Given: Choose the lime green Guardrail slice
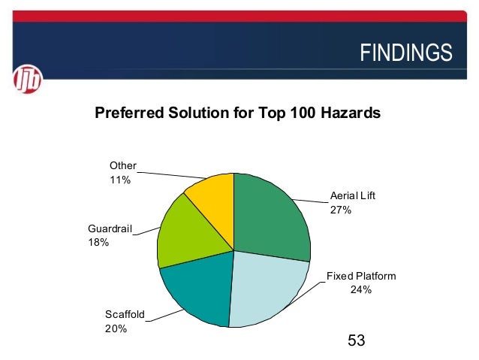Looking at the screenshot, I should pos(188,237).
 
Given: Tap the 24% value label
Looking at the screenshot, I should pos(361,290).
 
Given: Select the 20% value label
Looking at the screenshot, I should pos(116,328).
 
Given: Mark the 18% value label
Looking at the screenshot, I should pos(98,242).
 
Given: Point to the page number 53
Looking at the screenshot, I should pos(356,340).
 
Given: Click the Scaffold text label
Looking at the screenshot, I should pos(125,314).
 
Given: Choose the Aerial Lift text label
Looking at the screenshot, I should pos(352,195).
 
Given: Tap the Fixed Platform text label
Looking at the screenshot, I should pos(361,276).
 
